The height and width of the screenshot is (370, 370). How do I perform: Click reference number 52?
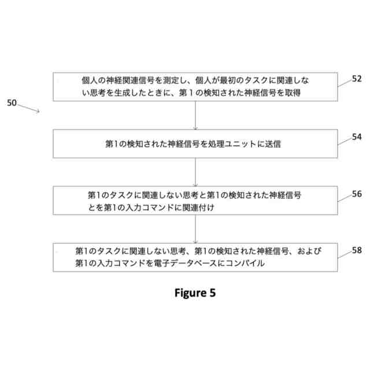click(x=357, y=79)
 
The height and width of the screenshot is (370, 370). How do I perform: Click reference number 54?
click(x=357, y=137)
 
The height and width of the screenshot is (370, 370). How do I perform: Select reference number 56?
click(x=357, y=194)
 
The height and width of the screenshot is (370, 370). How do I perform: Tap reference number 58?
click(x=357, y=250)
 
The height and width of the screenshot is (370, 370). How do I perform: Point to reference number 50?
click(x=12, y=103)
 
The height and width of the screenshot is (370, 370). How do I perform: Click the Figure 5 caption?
click(x=195, y=293)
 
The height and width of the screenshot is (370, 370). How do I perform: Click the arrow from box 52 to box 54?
click(x=196, y=115)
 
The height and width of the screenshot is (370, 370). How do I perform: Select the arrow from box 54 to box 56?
click(x=196, y=172)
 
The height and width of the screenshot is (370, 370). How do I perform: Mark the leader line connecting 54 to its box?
click(x=345, y=141)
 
